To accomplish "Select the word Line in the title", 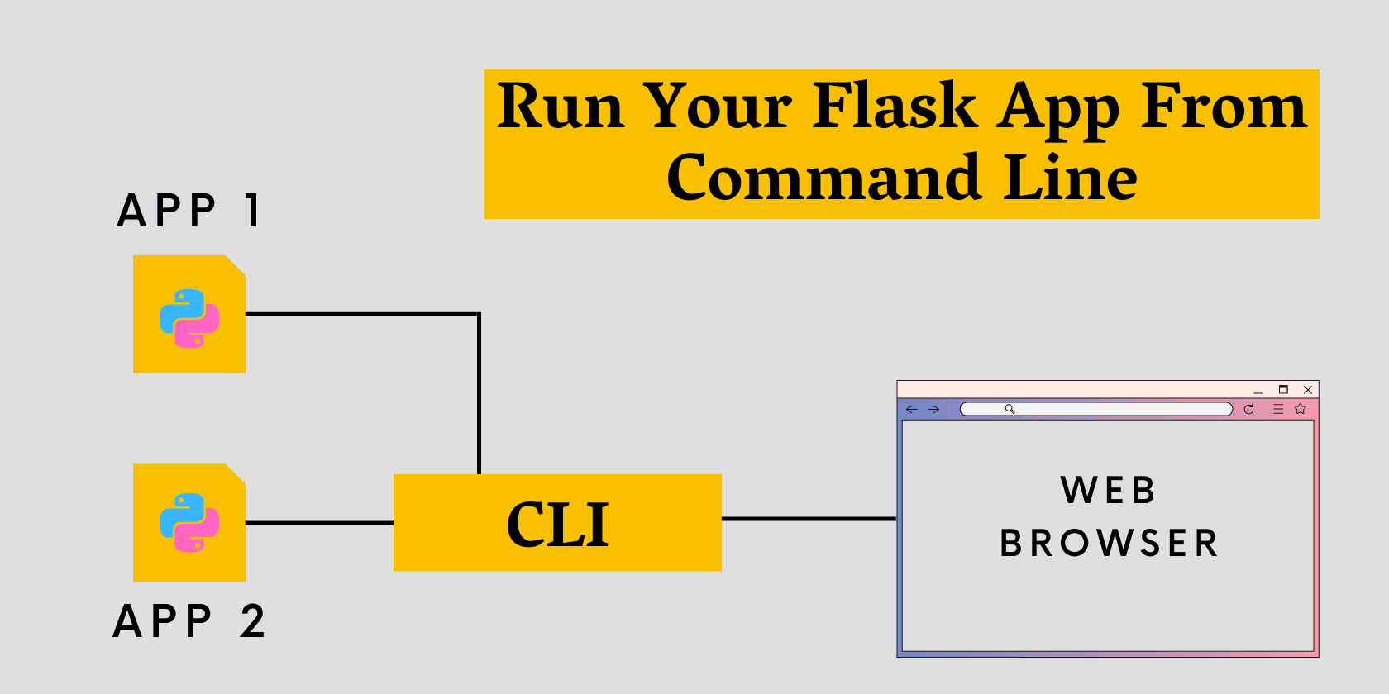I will tap(1070, 178).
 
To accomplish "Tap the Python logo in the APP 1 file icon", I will tap(189, 318).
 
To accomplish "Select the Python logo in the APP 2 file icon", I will tap(189, 523).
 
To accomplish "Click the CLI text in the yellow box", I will tap(557, 525).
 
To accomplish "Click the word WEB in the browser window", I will tap(1108, 491).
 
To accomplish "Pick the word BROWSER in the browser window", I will tap(1109, 544).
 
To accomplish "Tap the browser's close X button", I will tap(1308, 390).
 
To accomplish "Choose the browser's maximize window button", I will tap(1283, 389).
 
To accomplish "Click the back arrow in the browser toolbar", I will tap(911, 409).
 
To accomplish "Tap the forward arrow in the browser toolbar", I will tap(933, 409).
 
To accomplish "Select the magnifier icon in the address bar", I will tap(1010, 409).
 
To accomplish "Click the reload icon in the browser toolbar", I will tap(1248, 409).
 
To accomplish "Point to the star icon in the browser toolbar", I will tap(1301, 409).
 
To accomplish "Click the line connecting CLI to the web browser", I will tap(809, 519).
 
